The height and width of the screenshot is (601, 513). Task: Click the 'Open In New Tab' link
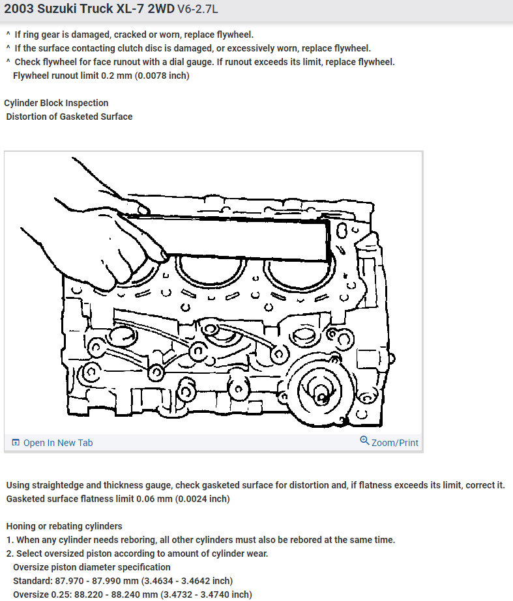click(58, 443)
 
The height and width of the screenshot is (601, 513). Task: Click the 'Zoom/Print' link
click(394, 443)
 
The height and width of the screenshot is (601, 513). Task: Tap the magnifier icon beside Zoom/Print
click(364, 441)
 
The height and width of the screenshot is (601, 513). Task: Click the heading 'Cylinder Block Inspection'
click(56, 103)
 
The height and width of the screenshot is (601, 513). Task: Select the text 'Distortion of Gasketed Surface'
click(69, 117)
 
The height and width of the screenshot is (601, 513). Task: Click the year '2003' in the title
click(21, 11)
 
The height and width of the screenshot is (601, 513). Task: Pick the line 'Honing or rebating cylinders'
click(64, 526)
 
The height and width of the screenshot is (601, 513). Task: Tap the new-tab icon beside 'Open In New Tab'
click(16, 443)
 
